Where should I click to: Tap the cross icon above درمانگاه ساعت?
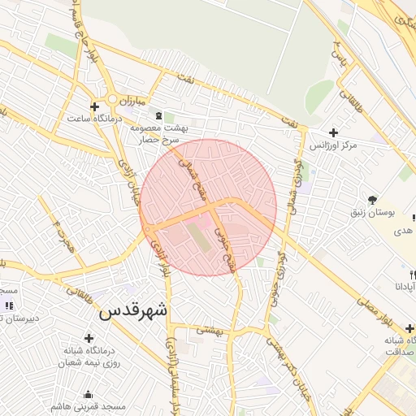coord(95,106)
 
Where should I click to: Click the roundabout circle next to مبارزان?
coord(111,99)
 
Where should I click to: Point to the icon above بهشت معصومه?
coord(158,115)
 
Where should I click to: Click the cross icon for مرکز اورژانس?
coord(333,132)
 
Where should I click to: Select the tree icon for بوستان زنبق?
coord(373,199)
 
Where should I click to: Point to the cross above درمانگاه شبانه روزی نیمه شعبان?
coord(89,337)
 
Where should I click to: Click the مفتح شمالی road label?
coord(197,184)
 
